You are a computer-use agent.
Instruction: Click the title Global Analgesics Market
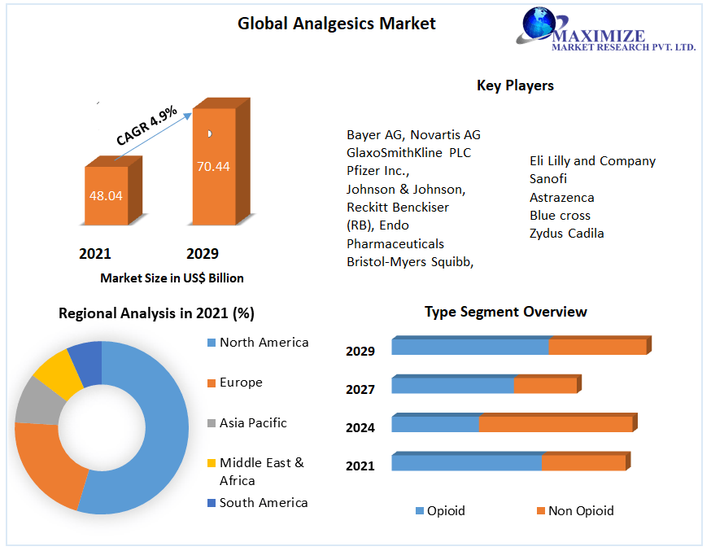pyautogui.click(x=336, y=24)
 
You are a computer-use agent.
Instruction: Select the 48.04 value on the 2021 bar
pyautogui.click(x=106, y=195)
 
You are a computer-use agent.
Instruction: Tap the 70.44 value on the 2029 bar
pyautogui.click(x=213, y=166)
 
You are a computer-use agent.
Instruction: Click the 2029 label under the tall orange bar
pyautogui.click(x=203, y=254)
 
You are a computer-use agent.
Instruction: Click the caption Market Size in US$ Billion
pyautogui.click(x=172, y=278)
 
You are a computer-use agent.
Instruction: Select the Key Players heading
pyautogui.click(x=515, y=85)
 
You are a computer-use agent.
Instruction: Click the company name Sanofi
pyautogui.click(x=548, y=179)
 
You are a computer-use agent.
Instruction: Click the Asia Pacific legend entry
pyautogui.click(x=252, y=423)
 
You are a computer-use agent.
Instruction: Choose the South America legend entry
pyautogui.click(x=263, y=503)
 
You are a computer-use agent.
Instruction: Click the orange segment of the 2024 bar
pyautogui.click(x=555, y=424)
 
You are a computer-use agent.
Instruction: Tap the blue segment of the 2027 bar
pyautogui.click(x=452, y=385)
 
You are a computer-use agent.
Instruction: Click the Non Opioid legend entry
pyautogui.click(x=580, y=511)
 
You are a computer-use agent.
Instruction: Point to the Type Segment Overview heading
pyautogui.click(x=505, y=312)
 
